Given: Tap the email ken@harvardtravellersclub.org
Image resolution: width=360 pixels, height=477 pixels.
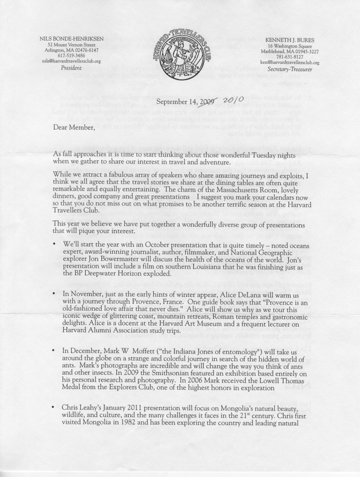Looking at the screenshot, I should coord(289,62).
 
